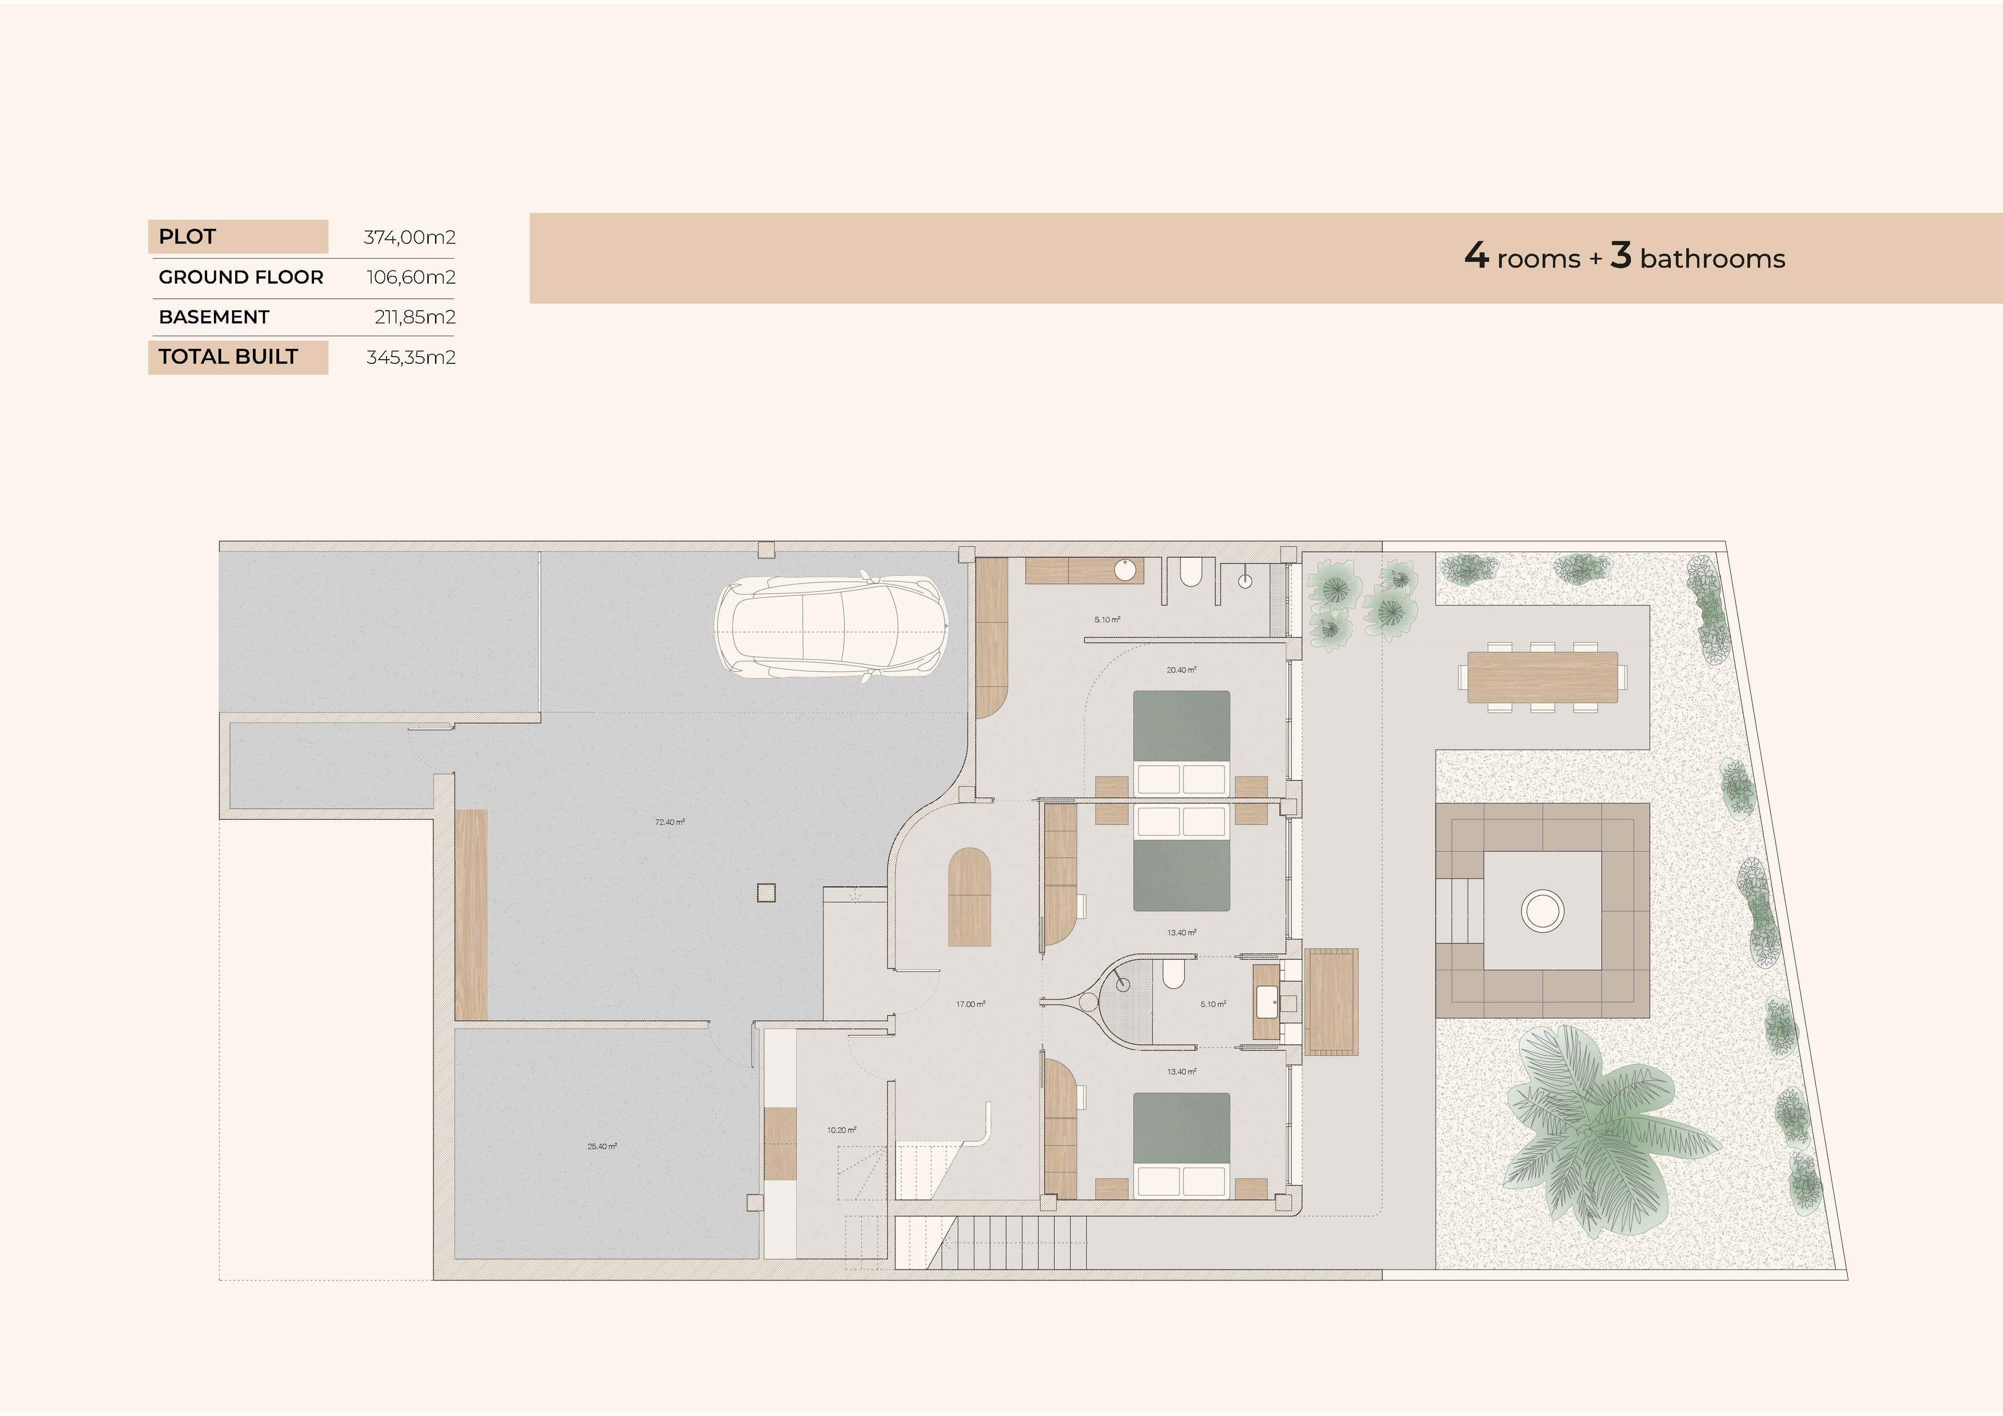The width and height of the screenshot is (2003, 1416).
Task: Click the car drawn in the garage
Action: tap(831, 628)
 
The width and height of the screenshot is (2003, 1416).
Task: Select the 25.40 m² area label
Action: tap(602, 1146)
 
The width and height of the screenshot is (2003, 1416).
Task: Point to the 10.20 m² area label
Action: tap(841, 1130)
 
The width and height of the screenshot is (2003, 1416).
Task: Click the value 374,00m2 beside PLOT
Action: tap(409, 237)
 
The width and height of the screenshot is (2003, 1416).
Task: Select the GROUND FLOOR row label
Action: tap(241, 277)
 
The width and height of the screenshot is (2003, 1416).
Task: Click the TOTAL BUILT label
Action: tap(228, 357)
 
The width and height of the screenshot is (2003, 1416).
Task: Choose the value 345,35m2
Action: tap(411, 358)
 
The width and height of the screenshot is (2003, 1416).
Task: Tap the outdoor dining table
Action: tap(1541, 677)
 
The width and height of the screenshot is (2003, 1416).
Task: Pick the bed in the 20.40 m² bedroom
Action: tap(1181, 741)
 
